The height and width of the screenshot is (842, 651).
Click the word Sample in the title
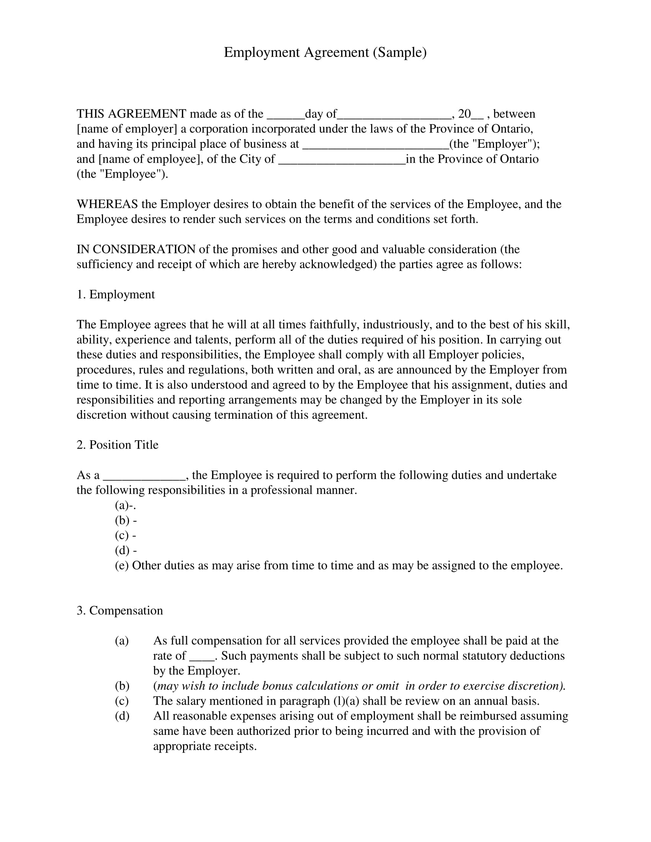(x=399, y=52)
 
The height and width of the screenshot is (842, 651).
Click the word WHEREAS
(x=107, y=204)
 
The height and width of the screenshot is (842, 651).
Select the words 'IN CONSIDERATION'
(x=136, y=249)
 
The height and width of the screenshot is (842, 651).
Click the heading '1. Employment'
(x=116, y=295)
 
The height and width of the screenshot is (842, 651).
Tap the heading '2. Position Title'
(x=118, y=445)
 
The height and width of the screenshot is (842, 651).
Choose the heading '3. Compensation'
(x=119, y=611)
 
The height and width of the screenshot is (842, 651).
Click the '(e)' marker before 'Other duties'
(x=122, y=566)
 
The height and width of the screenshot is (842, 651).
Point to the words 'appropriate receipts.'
(x=205, y=746)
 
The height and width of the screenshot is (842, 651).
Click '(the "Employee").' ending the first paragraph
(x=122, y=174)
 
